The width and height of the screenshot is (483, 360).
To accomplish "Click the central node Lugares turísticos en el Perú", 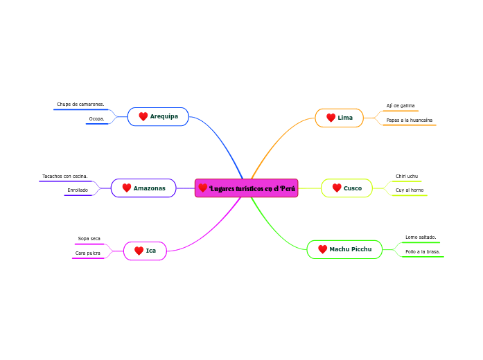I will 247,188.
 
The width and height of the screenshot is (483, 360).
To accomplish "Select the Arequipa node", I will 158,116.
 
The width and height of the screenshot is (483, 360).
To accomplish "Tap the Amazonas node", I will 143,188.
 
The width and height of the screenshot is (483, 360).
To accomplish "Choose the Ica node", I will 145,251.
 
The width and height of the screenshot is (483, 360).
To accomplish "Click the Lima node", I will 340,118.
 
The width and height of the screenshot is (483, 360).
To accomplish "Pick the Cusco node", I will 346,188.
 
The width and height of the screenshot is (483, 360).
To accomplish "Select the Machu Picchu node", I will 344,249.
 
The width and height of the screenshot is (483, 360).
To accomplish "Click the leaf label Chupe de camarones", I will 80,105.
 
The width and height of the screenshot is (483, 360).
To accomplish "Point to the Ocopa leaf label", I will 96,119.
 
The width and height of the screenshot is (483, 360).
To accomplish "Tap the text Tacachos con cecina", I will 65,177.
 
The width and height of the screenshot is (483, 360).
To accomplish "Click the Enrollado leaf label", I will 78,190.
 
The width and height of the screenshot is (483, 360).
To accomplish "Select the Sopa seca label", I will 89,239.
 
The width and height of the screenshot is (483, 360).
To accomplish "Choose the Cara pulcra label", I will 87,253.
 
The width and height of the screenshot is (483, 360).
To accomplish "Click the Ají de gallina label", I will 401,106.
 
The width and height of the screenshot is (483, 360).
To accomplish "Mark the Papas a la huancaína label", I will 409,120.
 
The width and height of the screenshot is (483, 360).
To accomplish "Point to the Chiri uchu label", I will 407,177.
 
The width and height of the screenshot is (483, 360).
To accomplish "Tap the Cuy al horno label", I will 410,190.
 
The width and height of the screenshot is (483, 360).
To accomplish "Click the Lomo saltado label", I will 421,237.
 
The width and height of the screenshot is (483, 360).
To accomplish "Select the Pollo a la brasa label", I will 423,252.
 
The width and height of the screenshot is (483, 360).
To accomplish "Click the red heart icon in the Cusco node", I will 337,188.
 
